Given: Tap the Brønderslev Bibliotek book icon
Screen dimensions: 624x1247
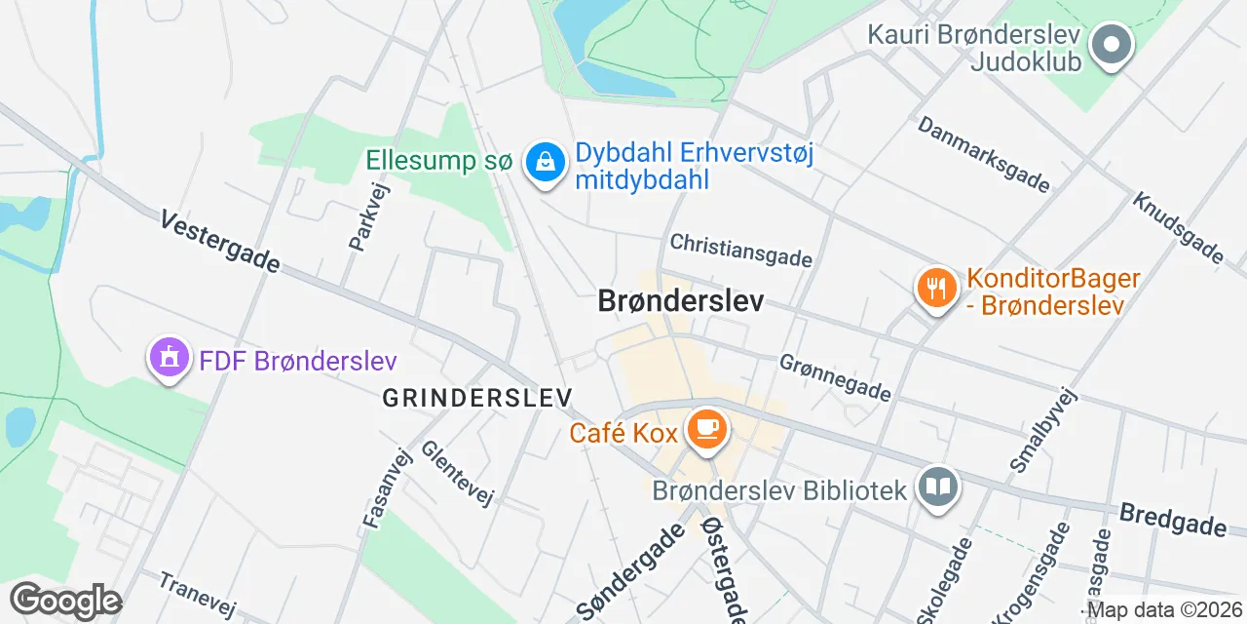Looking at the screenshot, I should pyautogui.click(x=939, y=487).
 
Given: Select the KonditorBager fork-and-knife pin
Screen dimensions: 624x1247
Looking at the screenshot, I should pyautogui.click(x=936, y=287).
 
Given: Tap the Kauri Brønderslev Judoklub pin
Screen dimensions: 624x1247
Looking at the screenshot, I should pyautogui.click(x=1111, y=45).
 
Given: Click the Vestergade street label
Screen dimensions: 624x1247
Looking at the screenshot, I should pyautogui.click(x=220, y=242).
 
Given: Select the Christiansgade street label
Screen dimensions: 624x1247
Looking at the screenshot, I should pyautogui.click(x=741, y=250).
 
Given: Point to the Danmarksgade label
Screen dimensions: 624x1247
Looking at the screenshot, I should pyautogui.click(x=984, y=154).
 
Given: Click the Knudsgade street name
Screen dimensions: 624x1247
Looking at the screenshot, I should pyautogui.click(x=1178, y=227).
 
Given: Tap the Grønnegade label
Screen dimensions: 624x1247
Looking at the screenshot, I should pyautogui.click(x=835, y=376).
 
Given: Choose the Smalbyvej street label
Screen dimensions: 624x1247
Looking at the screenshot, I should pyautogui.click(x=1044, y=430).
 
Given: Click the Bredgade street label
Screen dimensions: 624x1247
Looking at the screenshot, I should pyautogui.click(x=1173, y=520).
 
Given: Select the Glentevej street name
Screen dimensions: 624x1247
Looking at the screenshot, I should pyautogui.click(x=457, y=472).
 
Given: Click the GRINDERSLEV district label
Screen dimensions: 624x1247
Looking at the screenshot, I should pyautogui.click(x=477, y=398).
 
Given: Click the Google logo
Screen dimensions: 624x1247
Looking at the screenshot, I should pyautogui.click(x=65, y=601).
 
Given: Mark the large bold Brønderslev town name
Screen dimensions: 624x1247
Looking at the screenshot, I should pyautogui.click(x=681, y=301).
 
